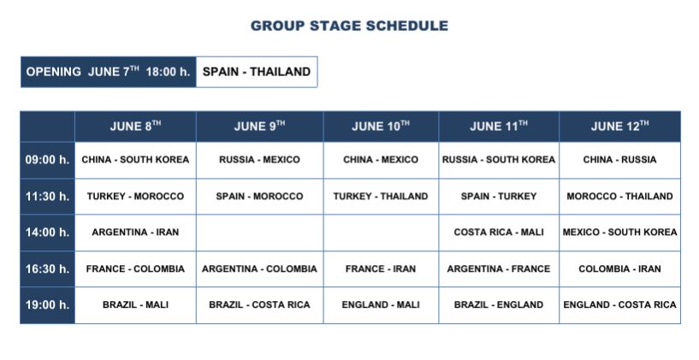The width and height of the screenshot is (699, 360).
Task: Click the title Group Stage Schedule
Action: click(x=349, y=26)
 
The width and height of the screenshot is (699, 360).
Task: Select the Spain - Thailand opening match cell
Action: click(x=257, y=72)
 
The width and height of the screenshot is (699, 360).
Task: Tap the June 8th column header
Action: click(x=135, y=127)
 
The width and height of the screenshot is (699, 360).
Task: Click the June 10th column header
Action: click(x=381, y=127)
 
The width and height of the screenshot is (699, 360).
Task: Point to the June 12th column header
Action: click(x=619, y=127)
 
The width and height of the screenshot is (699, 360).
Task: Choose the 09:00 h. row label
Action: click(x=47, y=160)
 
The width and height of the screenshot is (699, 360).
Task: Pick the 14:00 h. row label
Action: click(x=47, y=233)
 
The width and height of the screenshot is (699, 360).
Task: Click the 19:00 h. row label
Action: click(x=47, y=305)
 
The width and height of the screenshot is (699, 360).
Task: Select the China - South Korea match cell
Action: click(x=135, y=160)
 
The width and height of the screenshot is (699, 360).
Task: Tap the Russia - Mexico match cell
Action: click(x=259, y=160)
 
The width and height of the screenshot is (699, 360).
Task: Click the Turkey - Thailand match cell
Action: click(x=381, y=197)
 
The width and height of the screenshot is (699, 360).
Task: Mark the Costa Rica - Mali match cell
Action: click(x=499, y=233)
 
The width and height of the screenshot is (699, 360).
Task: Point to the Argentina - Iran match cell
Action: click(x=135, y=233)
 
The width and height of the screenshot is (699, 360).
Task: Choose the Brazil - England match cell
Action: click(x=499, y=305)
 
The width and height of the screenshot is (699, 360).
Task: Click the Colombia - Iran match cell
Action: click(x=619, y=269)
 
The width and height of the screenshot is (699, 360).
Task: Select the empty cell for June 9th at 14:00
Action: click(x=259, y=233)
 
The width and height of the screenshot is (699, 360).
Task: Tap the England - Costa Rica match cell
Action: click(x=619, y=305)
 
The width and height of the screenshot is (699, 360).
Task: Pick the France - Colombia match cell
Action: click(x=135, y=269)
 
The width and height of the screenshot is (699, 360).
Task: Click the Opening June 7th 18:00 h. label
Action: click(x=109, y=72)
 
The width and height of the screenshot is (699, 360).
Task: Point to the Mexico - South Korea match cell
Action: click(x=619, y=233)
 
